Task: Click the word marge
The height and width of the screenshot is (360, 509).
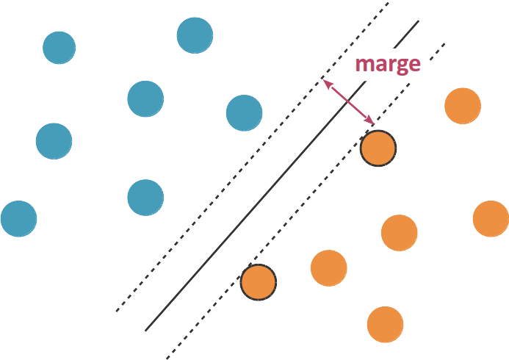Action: [x=387, y=64]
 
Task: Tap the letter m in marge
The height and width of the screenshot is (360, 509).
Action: [x=364, y=65]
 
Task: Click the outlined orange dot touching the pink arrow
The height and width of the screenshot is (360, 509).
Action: [x=378, y=148]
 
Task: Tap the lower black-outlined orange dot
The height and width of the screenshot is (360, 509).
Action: [x=259, y=282]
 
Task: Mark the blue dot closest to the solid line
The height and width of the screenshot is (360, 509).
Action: [x=245, y=113]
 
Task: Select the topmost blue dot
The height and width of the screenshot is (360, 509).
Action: [x=195, y=35]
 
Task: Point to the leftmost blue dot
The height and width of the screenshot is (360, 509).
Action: [x=19, y=218]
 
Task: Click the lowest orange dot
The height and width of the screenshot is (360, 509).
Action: [x=385, y=324]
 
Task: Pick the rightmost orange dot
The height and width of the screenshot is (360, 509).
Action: [x=491, y=218]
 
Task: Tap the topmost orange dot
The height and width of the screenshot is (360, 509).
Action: [x=463, y=106]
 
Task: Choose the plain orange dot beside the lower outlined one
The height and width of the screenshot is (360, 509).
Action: [x=328, y=268]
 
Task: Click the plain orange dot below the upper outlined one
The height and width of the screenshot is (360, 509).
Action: [x=400, y=233]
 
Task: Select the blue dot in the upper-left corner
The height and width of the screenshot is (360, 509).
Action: [x=59, y=48]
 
